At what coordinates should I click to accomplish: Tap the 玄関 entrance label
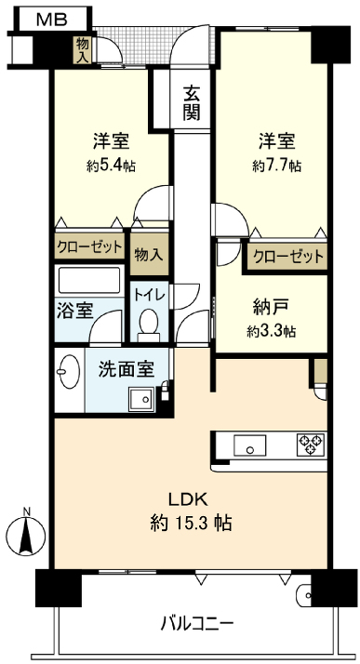[x=192, y=103]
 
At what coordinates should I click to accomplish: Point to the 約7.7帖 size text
[x=276, y=165]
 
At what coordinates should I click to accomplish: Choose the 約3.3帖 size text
[x=272, y=331]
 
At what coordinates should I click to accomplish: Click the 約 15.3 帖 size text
[x=192, y=523]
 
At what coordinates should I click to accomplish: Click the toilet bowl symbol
[x=146, y=323]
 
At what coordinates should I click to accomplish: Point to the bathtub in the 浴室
[x=89, y=280]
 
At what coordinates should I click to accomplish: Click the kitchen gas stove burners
[x=309, y=445]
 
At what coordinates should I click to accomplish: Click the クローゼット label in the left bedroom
[x=89, y=246]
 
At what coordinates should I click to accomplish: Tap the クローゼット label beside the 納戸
[x=287, y=256]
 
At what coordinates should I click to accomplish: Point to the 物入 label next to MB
[x=84, y=49]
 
